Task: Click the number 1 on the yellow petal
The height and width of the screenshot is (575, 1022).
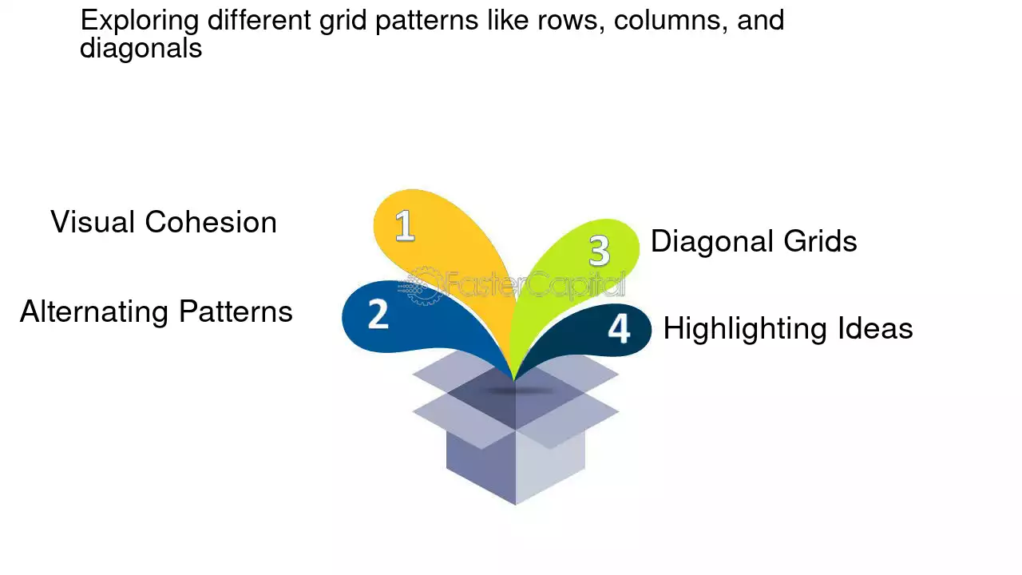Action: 405,225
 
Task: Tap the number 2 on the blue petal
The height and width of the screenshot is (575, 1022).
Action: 378,314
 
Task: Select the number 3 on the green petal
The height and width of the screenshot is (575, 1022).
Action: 599,250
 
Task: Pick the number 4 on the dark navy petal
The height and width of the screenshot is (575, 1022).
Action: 619,327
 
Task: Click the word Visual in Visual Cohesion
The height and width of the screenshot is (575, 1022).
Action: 92,222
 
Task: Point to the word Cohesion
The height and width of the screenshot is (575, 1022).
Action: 211,222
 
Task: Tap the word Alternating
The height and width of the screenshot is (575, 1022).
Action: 94,312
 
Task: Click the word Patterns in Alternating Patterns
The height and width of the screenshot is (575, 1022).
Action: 236,311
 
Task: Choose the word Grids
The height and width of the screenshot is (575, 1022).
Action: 820,241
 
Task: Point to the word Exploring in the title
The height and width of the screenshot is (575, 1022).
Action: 140,21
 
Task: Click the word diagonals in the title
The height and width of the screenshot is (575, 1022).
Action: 141,48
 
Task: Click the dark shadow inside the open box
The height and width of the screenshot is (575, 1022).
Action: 520,391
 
